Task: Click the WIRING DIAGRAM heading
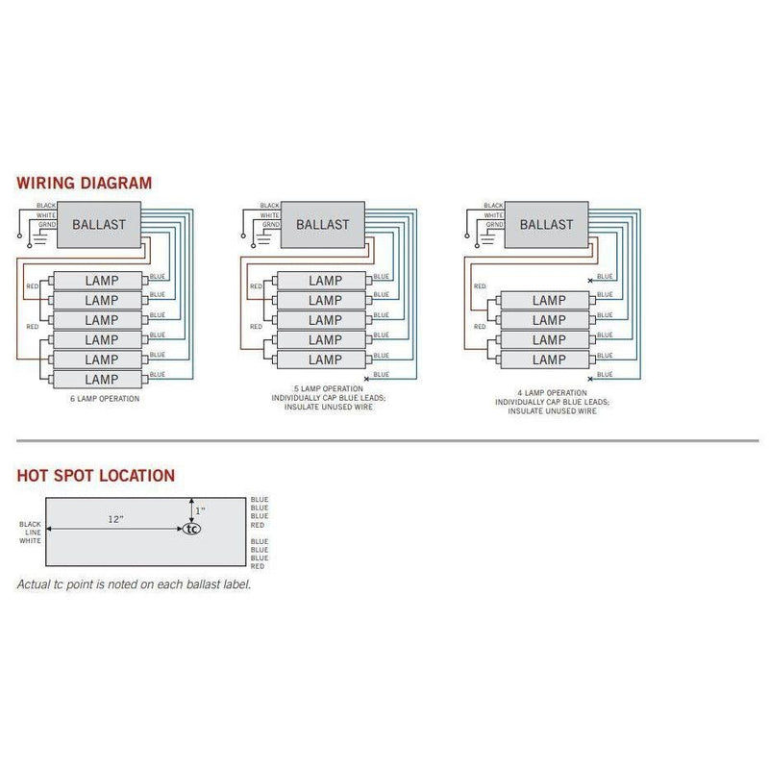[x=84, y=183]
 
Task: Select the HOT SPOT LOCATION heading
[x=96, y=475]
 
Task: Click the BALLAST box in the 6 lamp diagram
[x=101, y=225]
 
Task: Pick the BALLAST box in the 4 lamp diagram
[x=547, y=225]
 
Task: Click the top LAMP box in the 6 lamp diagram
[x=102, y=280]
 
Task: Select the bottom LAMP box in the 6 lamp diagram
[x=102, y=380]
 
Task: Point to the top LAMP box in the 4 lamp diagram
[x=549, y=300]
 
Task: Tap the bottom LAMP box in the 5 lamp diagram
[x=324, y=360]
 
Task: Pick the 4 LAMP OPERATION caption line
[x=551, y=393]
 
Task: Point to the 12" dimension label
[x=116, y=519]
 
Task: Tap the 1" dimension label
[x=201, y=510]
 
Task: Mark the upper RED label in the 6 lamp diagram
[x=32, y=286]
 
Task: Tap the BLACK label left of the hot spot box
[x=30, y=524]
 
